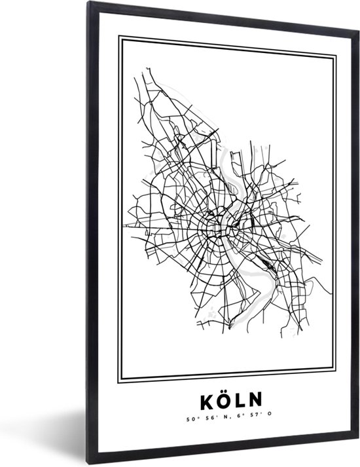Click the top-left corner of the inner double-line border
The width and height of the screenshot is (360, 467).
pos(118,37)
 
